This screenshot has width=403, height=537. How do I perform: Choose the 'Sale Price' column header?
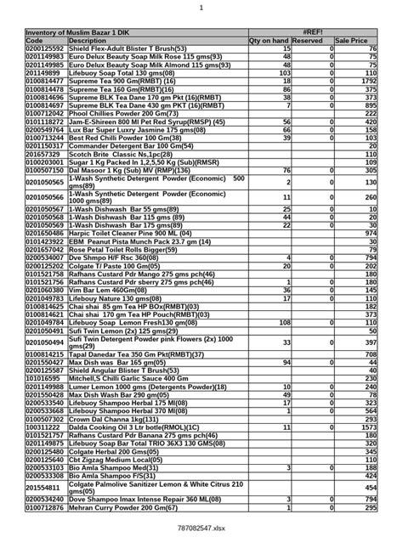point(352,40)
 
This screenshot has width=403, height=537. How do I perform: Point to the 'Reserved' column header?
point(312,40)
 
